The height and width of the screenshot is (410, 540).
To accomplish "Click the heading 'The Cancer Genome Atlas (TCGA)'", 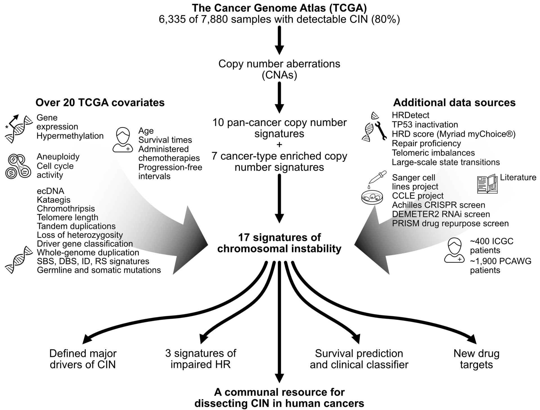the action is (279, 8).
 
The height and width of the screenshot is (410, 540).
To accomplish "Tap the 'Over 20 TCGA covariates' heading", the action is (100, 103).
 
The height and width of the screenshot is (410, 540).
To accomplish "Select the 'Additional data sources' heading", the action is (454, 103).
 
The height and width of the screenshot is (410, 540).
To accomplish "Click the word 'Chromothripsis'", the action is (66, 209).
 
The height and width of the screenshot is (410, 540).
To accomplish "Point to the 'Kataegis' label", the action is (54, 200).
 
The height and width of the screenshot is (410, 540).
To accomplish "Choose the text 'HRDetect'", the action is (411, 115).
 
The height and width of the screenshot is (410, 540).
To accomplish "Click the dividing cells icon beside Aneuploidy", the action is (18, 167).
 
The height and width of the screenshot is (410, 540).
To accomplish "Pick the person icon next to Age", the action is (123, 140).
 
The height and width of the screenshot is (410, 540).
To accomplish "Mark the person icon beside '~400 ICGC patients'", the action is (454, 251).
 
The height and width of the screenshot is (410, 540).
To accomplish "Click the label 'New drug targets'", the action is (476, 359).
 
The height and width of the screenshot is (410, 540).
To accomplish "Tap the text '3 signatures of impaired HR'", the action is (201, 359).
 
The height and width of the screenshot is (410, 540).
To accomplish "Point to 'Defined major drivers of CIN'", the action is (83, 359).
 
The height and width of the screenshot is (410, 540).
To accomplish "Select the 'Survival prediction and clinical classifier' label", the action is (359, 359).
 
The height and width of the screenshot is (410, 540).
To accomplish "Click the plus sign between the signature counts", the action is (279, 145).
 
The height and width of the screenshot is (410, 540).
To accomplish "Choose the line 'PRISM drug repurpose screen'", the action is (450, 223).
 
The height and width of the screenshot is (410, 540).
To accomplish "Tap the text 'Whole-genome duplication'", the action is (88, 252).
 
